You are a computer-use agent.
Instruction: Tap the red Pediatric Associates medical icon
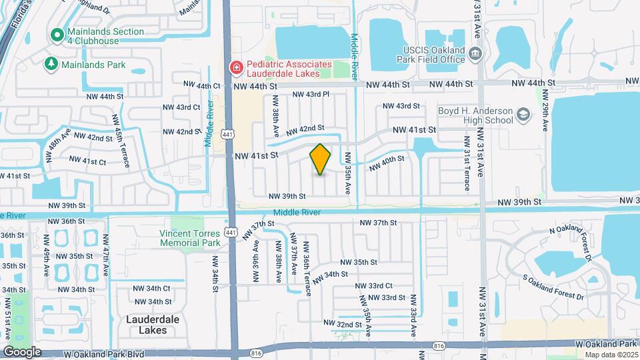click(x=235, y=67)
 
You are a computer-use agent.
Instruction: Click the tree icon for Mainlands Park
click(x=51, y=64)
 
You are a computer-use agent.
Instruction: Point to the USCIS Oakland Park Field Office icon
click(x=474, y=53)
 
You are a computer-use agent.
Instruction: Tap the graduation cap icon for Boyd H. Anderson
click(x=523, y=115)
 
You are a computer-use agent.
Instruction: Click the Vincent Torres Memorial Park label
click(x=190, y=238)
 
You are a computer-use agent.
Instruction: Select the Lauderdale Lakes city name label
click(x=153, y=324)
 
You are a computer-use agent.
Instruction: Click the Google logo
click(x=22, y=352)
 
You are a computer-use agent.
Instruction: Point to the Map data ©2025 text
click(x=611, y=354)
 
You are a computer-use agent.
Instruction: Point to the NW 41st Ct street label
click(x=88, y=161)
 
